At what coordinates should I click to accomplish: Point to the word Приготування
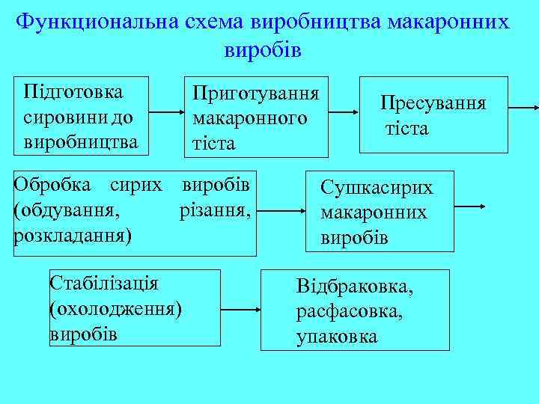[x=256, y=94]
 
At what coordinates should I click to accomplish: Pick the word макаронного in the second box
[x=249, y=118]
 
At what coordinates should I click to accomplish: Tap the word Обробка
[x=52, y=185]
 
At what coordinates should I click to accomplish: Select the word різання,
[x=214, y=210]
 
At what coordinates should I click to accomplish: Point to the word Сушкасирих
[x=377, y=188]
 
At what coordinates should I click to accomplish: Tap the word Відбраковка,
[x=355, y=287]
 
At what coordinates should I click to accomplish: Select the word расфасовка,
[x=350, y=312]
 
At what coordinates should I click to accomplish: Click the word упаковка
[x=337, y=337]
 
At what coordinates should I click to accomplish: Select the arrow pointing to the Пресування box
[x=344, y=112]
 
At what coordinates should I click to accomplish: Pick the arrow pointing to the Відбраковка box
[x=241, y=308]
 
